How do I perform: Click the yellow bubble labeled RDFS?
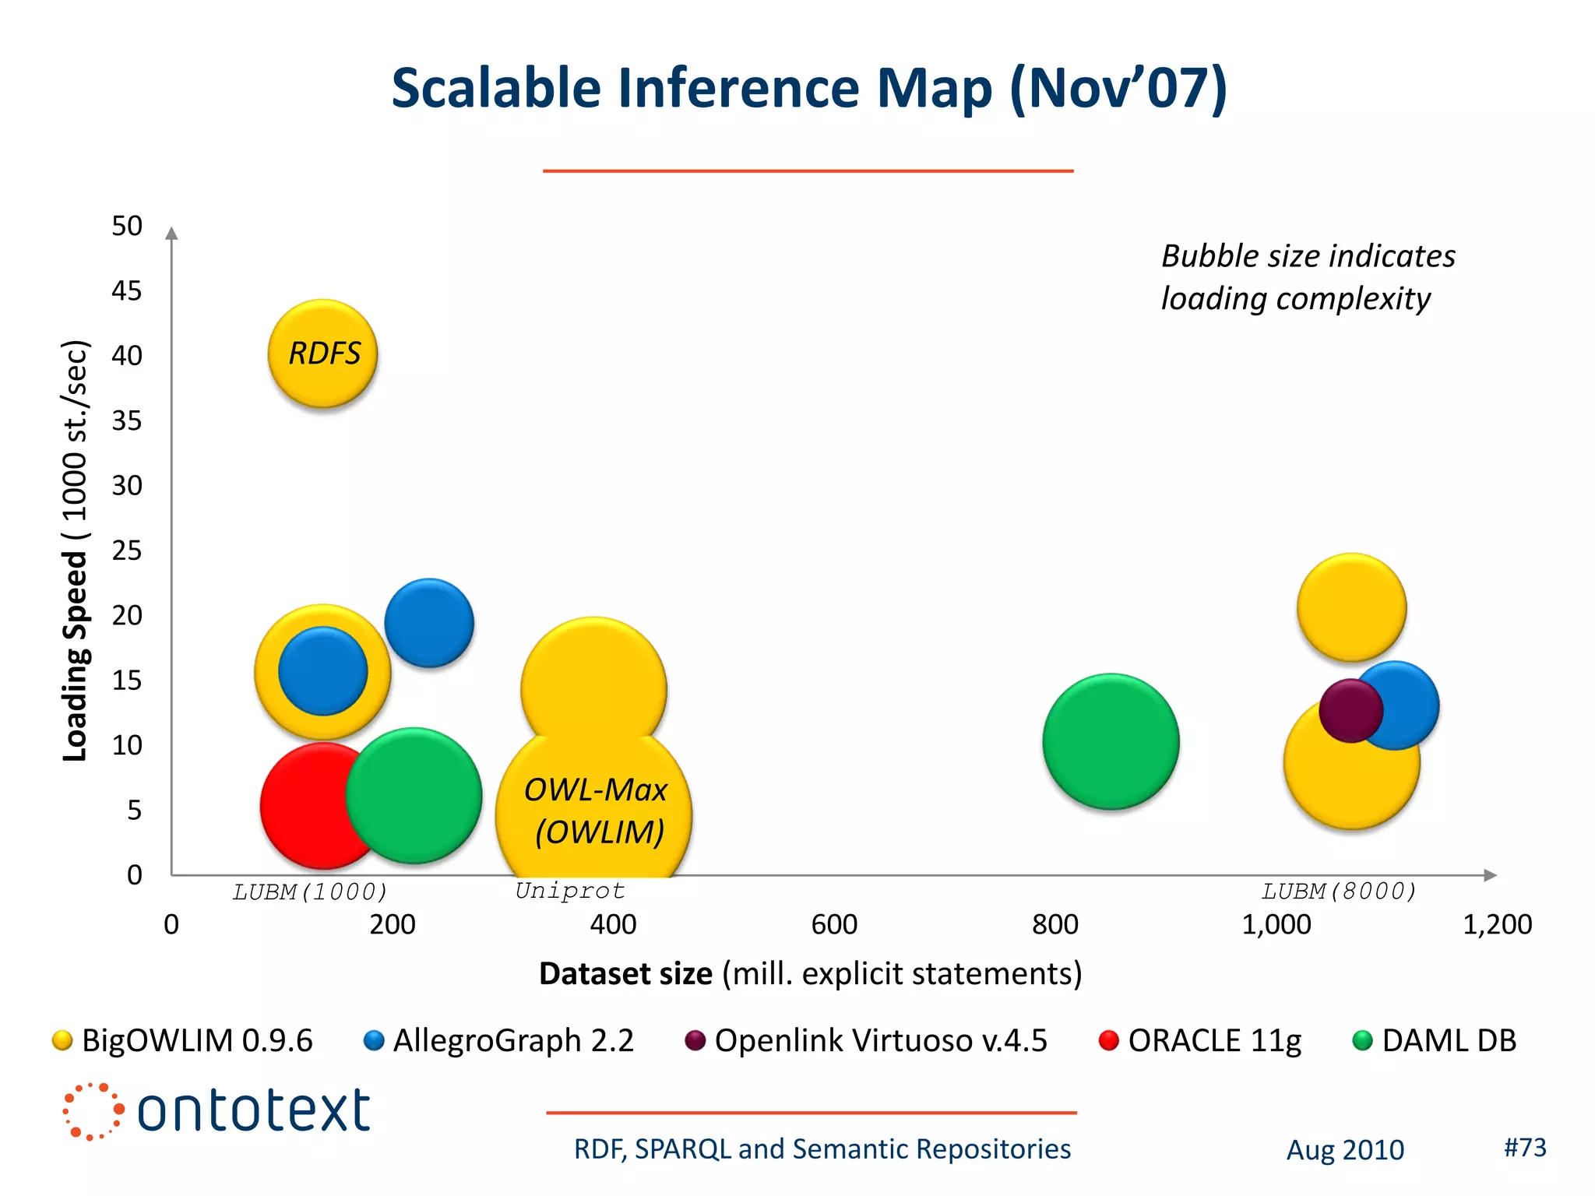(x=322, y=354)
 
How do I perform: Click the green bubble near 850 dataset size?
(x=1111, y=741)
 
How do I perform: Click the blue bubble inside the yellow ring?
(x=322, y=671)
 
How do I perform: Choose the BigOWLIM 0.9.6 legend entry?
(x=184, y=1040)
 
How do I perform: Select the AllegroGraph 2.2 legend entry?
(x=500, y=1040)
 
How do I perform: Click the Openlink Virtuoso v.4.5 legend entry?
(x=867, y=1040)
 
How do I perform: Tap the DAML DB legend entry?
(x=1435, y=1040)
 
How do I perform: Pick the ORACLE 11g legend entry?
(x=1200, y=1040)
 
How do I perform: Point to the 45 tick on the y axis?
(x=127, y=290)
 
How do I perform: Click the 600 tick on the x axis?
(x=834, y=924)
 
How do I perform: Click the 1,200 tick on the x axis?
(x=1497, y=924)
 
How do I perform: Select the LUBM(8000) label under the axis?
(x=1338, y=891)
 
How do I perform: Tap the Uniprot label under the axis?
(x=570, y=891)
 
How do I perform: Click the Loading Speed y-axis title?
(x=76, y=551)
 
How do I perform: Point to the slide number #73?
(x=1524, y=1147)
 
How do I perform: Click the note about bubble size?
(x=1307, y=277)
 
